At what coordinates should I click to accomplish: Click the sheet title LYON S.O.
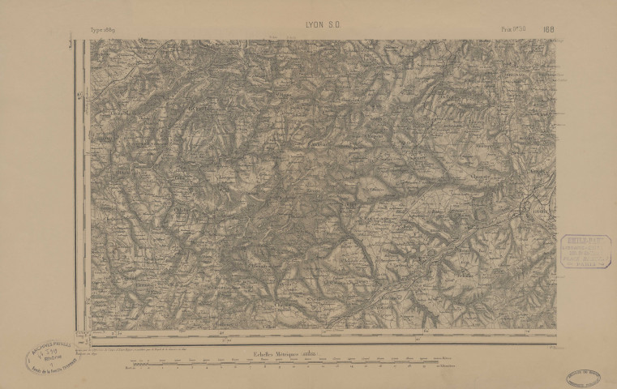(x=323, y=26)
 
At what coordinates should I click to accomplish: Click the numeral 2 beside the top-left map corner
(x=72, y=44)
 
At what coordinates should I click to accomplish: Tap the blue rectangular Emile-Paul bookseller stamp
(x=585, y=251)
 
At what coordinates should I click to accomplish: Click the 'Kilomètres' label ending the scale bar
(x=447, y=367)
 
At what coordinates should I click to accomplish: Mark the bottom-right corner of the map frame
(x=556, y=328)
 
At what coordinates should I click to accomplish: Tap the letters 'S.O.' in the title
(x=333, y=26)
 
